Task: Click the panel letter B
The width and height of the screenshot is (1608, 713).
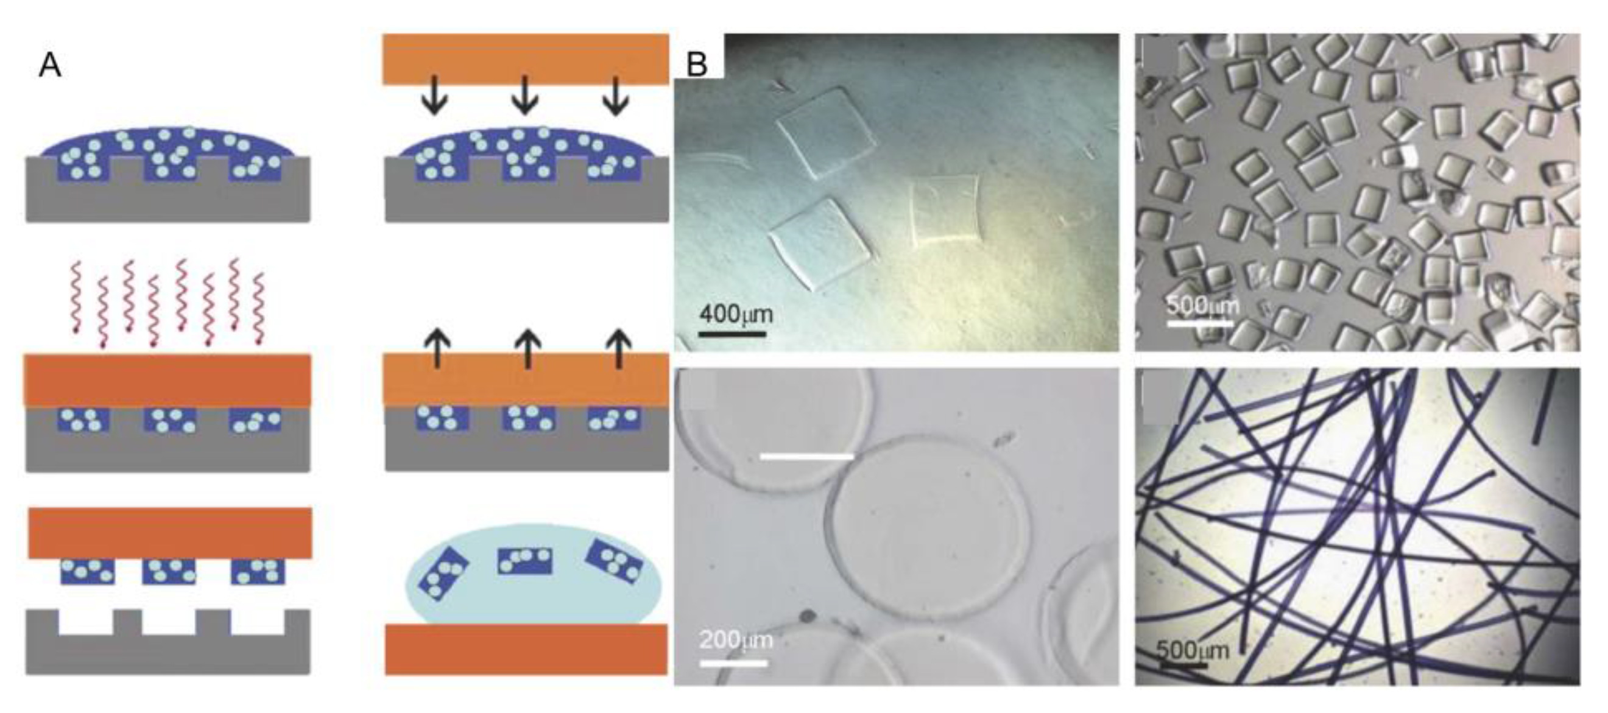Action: pos(697,65)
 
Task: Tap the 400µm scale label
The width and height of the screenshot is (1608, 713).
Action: pos(736,313)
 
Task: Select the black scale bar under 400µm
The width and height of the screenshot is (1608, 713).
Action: pos(732,334)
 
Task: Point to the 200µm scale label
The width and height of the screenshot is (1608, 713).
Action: pos(736,639)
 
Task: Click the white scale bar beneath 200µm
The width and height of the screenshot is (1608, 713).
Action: pos(733,662)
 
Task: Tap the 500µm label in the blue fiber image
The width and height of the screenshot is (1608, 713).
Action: pos(1192,651)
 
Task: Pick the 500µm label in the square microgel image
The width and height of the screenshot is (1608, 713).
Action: pos(1203,305)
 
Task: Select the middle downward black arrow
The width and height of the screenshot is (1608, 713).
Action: pos(524,96)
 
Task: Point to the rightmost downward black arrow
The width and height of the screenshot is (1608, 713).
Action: pos(616,96)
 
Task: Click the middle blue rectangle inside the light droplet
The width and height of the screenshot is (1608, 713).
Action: pos(525,561)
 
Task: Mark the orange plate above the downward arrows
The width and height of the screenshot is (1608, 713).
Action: pos(526,59)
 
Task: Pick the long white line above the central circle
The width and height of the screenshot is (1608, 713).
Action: pos(806,457)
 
